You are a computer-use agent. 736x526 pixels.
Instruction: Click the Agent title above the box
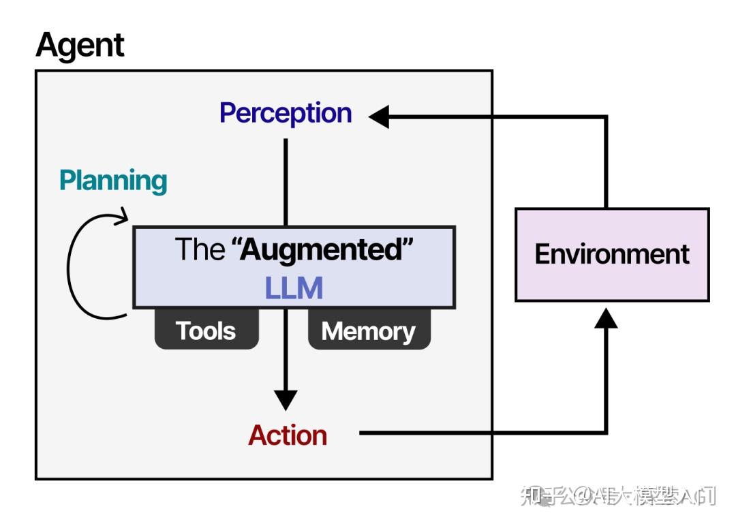tap(80, 46)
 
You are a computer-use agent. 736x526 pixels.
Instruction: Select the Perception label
tap(285, 113)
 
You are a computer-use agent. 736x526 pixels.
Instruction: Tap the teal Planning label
tap(113, 181)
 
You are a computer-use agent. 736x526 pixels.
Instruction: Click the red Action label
tap(287, 435)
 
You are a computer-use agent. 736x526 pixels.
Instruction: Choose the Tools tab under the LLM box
tap(206, 331)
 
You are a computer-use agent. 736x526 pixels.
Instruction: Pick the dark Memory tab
tap(368, 331)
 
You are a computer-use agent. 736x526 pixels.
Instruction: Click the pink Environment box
tap(611, 255)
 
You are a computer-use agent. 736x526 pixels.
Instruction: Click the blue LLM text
tap(293, 289)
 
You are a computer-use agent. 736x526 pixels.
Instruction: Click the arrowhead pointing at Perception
tap(379, 117)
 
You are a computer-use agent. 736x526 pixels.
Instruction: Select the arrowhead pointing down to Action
tap(286, 399)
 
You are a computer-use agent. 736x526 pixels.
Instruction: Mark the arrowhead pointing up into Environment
tap(606, 317)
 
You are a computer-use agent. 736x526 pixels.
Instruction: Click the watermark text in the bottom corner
tap(617, 496)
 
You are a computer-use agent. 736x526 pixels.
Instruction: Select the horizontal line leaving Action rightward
tap(477, 433)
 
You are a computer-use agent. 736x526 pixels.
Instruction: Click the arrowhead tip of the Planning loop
tap(125, 218)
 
